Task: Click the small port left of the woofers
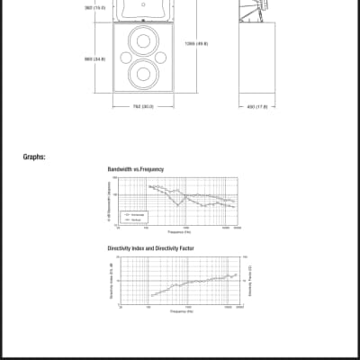pos(124,57)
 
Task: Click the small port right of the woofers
pos(164,57)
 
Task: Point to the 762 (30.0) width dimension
pos(144,106)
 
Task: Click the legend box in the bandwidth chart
pos(134,216)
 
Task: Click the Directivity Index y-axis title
pos(110,279)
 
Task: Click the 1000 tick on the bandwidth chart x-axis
pos(184,228)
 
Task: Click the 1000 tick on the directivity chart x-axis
pos(184,307)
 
